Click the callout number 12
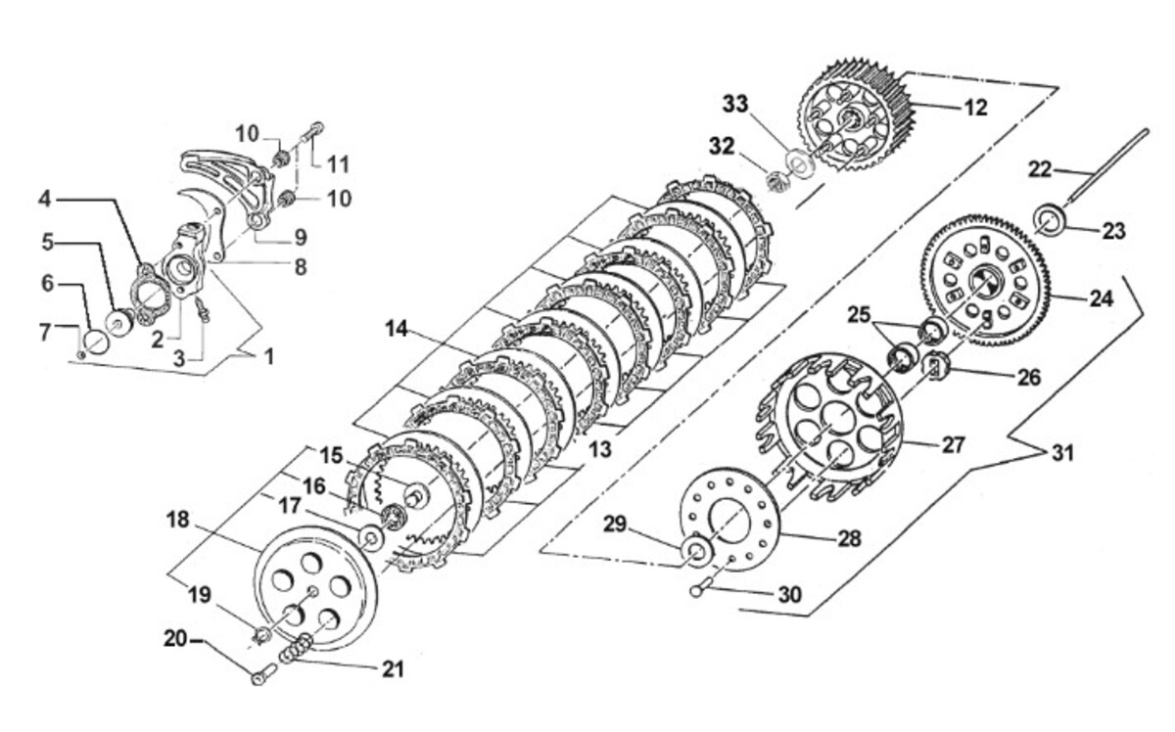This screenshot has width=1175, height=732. pos(975,108)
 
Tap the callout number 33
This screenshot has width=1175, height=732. pos(735,104)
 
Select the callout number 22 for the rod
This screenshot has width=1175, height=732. pos(1040,169)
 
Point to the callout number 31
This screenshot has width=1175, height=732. pos(1062,452)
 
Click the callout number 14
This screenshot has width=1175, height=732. pos(396,329)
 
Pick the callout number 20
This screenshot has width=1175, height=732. pos(175,639)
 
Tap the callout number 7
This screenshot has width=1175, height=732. pos(46,332)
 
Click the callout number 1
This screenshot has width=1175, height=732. pos(269,357)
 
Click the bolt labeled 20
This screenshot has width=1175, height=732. pos(263,674)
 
